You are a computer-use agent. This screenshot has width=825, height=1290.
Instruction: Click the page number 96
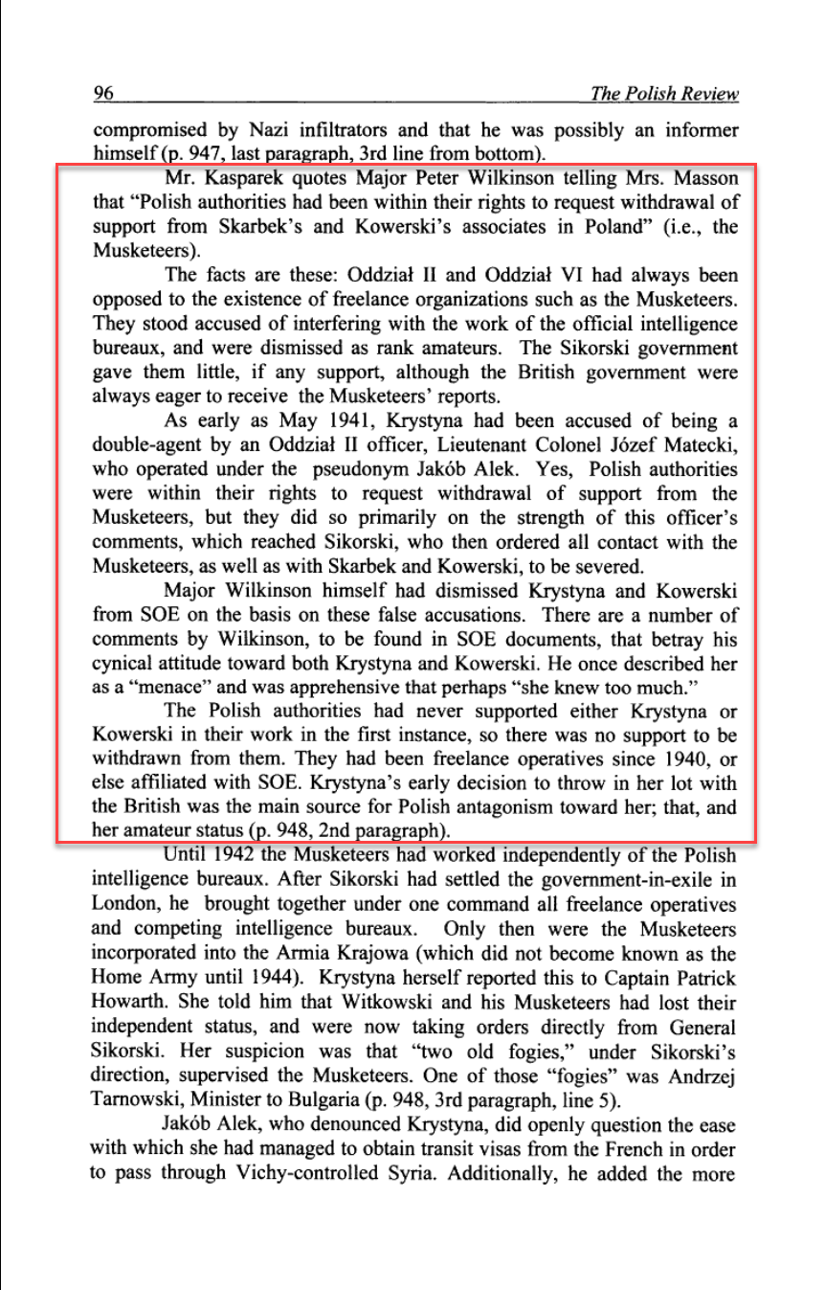pos(104,93)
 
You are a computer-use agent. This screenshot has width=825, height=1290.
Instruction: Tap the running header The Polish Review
pos(664,93)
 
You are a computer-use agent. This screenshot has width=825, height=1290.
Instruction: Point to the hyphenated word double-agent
pos(149,445)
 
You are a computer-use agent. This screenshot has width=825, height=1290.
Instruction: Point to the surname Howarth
pos(129,1002)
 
